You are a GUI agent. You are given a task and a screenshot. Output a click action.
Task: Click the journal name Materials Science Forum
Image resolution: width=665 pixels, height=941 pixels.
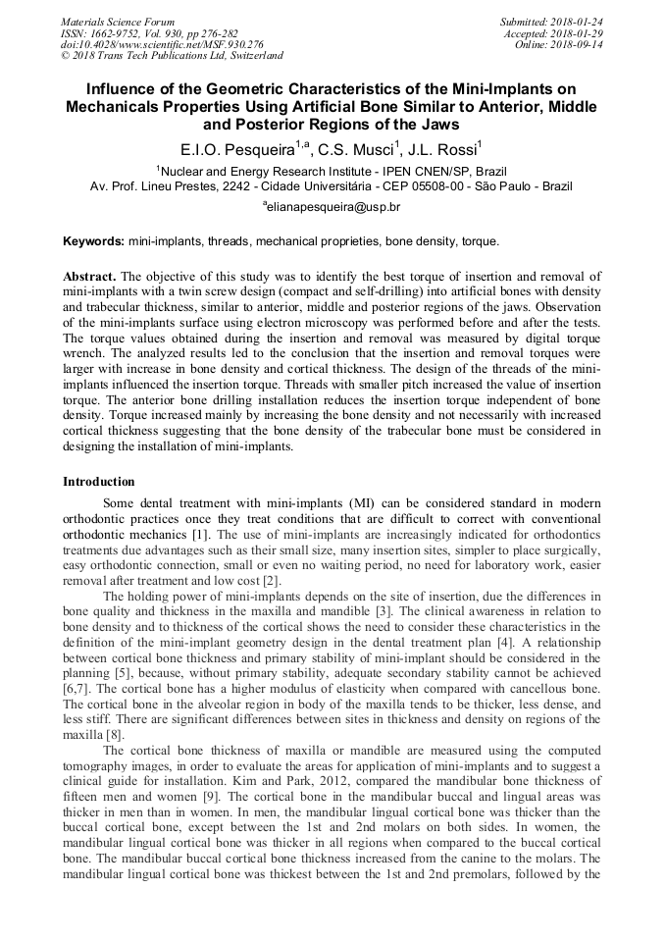(x=118, y=21)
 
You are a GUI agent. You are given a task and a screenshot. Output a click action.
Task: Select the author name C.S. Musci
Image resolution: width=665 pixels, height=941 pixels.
(x=358, y=150)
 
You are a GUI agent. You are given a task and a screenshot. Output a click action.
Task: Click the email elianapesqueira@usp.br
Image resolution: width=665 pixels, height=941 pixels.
(x=332, y=207)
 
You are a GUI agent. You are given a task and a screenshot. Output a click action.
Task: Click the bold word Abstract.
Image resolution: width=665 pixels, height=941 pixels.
(x=89, y=278)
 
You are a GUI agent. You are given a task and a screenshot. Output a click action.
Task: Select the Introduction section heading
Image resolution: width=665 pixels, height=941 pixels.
(x=99, y=482)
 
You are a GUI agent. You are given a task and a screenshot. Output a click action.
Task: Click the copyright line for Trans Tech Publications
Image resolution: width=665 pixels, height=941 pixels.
(x=172, y=56)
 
